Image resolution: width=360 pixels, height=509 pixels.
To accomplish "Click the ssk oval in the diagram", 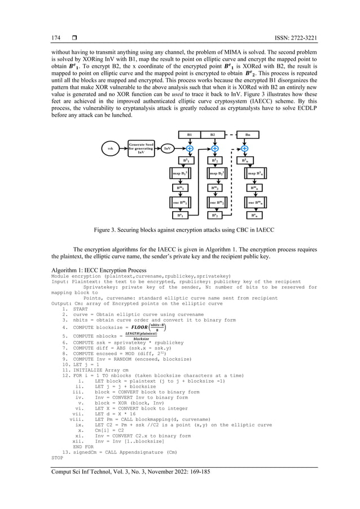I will pos(111,150).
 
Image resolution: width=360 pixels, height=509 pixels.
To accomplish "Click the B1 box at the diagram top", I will pos(189,135).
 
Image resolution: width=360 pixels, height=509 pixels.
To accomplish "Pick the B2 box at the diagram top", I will pos(212,135).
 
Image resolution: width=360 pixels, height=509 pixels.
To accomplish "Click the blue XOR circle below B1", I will pos(190,148).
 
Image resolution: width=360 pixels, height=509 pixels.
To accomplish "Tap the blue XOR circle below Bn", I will pos(244,148).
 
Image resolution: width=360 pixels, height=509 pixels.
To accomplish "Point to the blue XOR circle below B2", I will pos(215,148).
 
